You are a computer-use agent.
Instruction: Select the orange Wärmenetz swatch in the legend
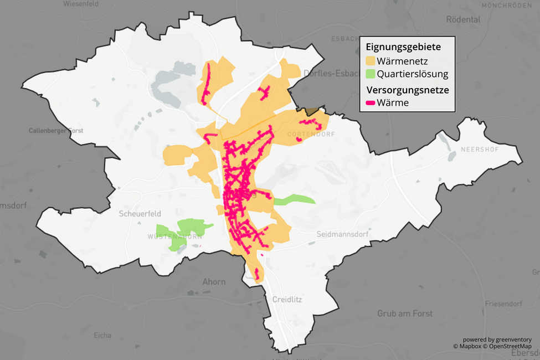click(370, 60)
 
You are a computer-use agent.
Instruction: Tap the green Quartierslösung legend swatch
click(370, 74)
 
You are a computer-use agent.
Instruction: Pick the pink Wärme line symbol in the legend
click(371, 103)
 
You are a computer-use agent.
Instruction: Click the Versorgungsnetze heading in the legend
click(407, 89)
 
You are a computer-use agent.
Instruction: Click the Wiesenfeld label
click(81, 3)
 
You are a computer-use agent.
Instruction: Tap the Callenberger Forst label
click(55, 131)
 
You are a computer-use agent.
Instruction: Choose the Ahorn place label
click(214, 282)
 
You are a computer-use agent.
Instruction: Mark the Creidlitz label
click(287, 299)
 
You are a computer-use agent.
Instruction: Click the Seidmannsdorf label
click(342, 234)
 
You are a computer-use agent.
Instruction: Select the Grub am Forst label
click(405, 313)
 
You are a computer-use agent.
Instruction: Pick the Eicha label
click(102, 335)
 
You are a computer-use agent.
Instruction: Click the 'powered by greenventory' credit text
click(497, 340)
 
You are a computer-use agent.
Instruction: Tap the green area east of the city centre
click(294, 200)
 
